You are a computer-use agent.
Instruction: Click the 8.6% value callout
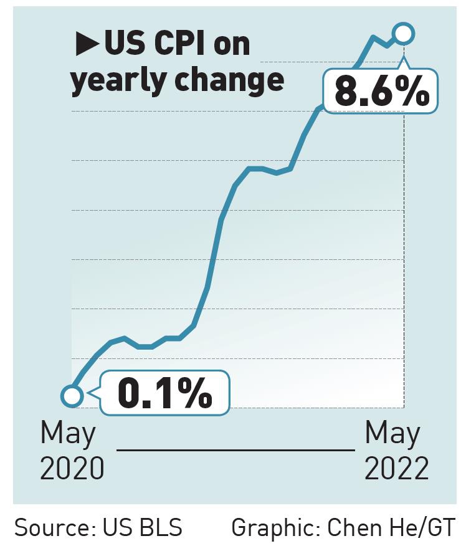[381, 95]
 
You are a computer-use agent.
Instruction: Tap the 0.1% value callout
[165, 393]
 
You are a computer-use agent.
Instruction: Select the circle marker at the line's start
[72, 395]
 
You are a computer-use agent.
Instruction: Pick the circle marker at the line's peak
[403, 34]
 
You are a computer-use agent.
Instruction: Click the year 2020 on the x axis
[72, 469]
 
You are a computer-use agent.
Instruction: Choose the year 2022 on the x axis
[396, 469]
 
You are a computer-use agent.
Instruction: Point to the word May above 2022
[392, 434]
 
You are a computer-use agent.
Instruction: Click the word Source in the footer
[52, 527]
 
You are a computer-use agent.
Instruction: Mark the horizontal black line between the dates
[235, 449]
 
